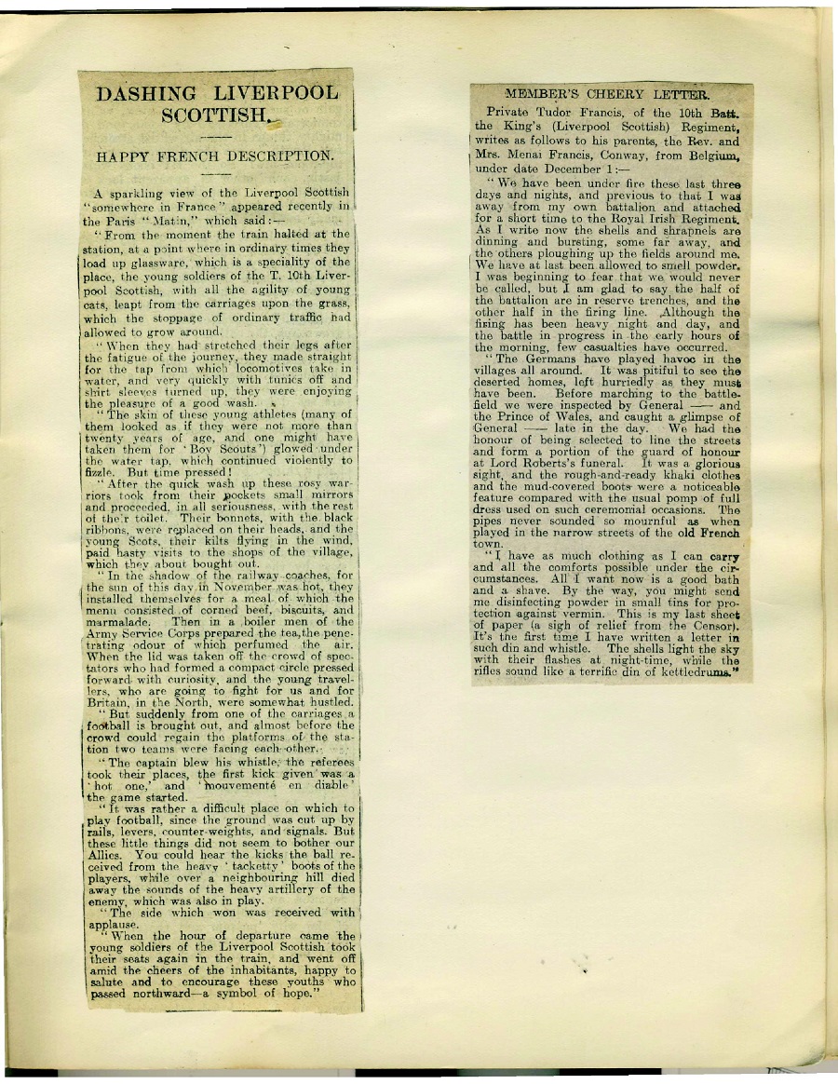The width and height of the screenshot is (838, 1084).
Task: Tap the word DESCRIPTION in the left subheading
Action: tap(277, 156)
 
